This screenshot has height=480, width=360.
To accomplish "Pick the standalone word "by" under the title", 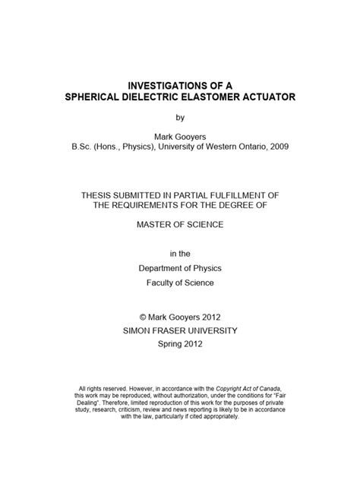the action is pos(180,119).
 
